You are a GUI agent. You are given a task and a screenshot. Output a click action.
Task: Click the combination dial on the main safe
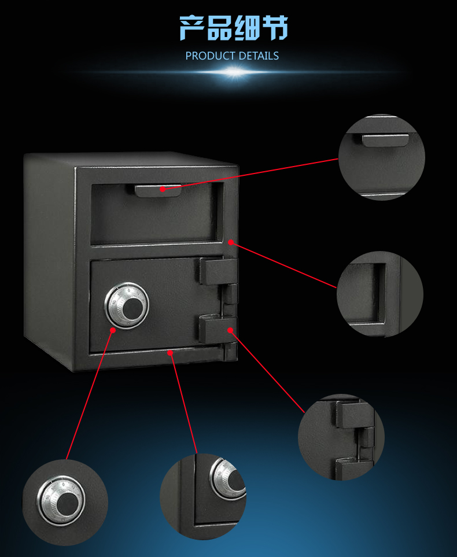127,305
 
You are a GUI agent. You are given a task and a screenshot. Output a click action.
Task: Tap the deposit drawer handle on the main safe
158,190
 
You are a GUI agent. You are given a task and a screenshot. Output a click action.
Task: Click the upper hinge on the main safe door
218,271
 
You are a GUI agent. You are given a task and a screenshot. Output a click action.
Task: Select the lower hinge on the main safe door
218,329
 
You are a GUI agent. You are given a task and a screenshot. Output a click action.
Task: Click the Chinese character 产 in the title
192,28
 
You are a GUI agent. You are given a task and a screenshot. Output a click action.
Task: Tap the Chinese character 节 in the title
275,28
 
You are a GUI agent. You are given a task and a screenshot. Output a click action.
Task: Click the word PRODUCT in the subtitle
211,56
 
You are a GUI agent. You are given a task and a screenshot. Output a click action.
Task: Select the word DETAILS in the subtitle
259,56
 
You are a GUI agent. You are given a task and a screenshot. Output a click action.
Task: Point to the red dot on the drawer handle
163,189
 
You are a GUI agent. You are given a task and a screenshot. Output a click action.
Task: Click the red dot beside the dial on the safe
113,330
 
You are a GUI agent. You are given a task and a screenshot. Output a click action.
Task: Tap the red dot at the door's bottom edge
170,353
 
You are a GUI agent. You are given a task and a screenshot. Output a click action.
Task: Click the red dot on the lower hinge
230,330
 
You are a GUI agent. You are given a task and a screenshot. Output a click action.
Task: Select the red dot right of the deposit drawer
231,242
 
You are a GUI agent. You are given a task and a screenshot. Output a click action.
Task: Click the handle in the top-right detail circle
385,140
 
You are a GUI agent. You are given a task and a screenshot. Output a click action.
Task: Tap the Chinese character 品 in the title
220,28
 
